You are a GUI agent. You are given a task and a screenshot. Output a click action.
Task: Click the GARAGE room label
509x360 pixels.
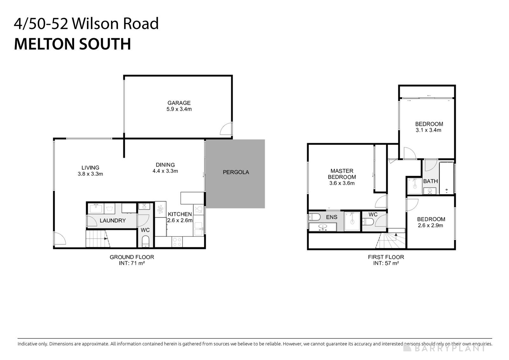click(x=179, y=103)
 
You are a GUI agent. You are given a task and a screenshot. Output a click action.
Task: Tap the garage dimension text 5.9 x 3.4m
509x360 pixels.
click(x=179, y=109)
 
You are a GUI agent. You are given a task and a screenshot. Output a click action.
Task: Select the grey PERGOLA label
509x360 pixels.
click(x=236, y=172)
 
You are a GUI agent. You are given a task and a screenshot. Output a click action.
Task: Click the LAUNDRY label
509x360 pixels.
click(x=113, y=221)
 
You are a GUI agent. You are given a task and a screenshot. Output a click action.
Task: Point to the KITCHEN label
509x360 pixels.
click(x=180, y=214)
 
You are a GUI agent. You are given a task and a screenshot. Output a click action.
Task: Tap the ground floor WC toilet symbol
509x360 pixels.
click(x=145, y=241)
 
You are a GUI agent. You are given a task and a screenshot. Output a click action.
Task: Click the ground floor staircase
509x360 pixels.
click(x=97, y=239)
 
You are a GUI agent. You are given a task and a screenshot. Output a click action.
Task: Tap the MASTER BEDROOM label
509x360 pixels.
click(x=342, y=174)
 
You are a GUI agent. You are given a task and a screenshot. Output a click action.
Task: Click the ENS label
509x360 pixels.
click(x=331, y=217)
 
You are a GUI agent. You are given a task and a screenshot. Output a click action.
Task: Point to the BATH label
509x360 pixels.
click(x=430, y=181)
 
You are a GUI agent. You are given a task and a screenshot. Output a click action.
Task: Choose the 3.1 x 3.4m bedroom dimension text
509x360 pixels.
click(x=429, y=130)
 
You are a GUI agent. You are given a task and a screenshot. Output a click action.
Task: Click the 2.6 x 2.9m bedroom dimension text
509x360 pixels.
click(x=431, y=225)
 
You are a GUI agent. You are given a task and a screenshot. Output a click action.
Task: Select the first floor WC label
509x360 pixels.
click(x=373, y=215)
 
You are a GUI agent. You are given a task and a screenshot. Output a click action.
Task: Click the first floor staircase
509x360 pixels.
click(x=391, y=241)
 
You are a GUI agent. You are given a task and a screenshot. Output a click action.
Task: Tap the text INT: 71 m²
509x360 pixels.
click(x=132, y=263)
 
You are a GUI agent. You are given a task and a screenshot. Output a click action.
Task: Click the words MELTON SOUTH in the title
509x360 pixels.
click(x=73, y=44)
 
